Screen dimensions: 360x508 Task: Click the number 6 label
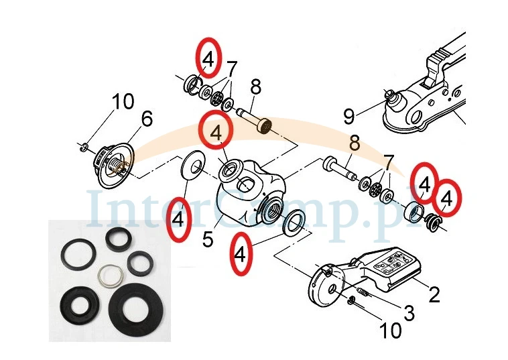coord(147,119)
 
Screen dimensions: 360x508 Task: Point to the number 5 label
coord(208,238)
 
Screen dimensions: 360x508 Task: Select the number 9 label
coord(348,117)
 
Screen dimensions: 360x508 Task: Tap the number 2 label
coord(434,294)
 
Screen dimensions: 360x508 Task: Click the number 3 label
coord(408,312)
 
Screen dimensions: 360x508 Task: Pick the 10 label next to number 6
coord(123,103)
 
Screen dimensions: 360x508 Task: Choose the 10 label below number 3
coord(390,330)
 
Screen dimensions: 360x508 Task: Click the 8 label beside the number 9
coord(354,143)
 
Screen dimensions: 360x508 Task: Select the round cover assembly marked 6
coord(110,161)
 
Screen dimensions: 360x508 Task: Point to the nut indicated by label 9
coord(389,93)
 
